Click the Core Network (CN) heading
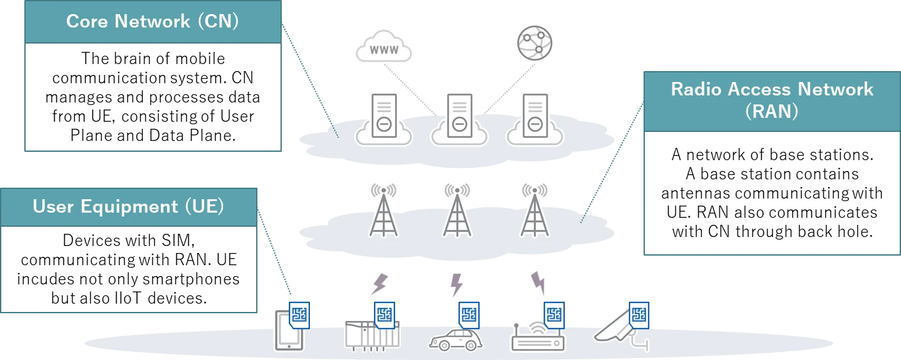click(x=152, y=21)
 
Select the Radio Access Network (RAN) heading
click(x=772, y=99)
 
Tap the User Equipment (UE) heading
click(x=128, y=207)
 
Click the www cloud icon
click(x=384, y=48)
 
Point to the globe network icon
click(x=535, y=44)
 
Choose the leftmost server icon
click(x=383, y=117)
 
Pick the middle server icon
click(x=459, y=117)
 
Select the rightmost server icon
click(x=533, y=117)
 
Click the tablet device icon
click(x=288, y=331)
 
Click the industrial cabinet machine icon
click(x=371, y=334)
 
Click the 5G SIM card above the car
click(x=469, y=315)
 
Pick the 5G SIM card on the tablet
click(x=299, y=315)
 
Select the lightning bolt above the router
click(x=538, y=282)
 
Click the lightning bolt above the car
click(x=456, y=285)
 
